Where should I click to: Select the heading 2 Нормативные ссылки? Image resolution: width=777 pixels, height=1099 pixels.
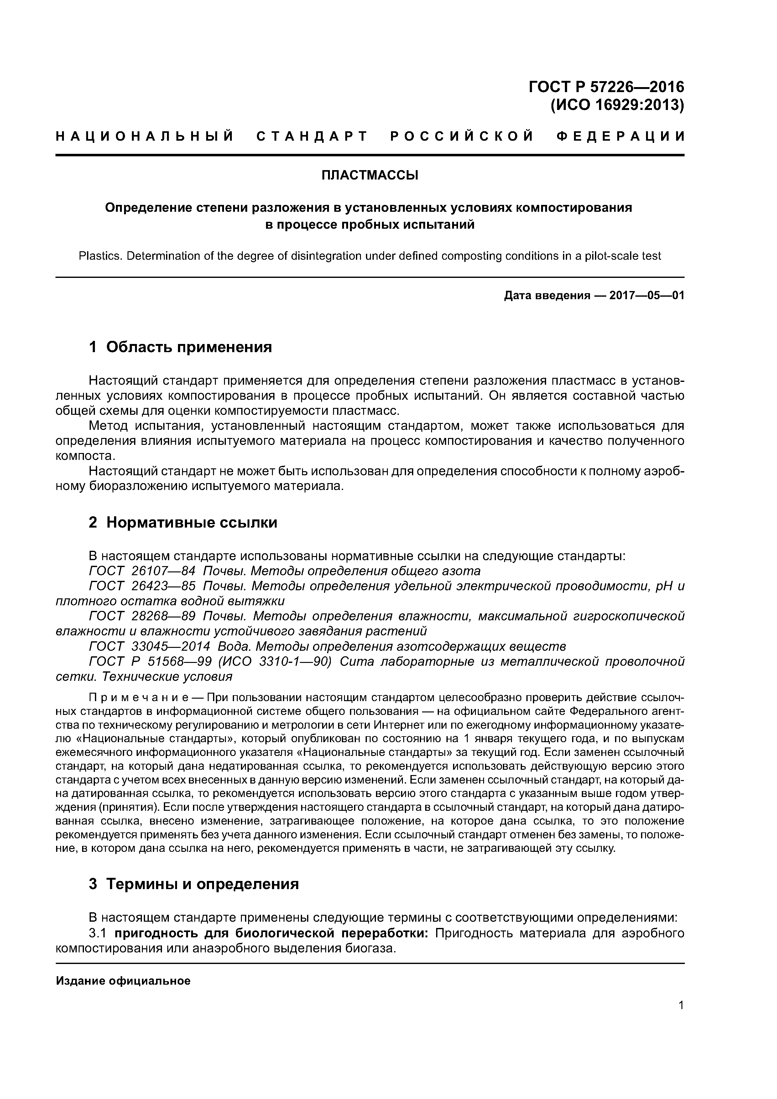pos(183,522)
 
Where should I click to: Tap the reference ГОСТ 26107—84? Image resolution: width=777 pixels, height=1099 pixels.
pos(142,571)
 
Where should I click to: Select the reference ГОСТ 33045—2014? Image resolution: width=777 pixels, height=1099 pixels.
pos(149,646)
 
